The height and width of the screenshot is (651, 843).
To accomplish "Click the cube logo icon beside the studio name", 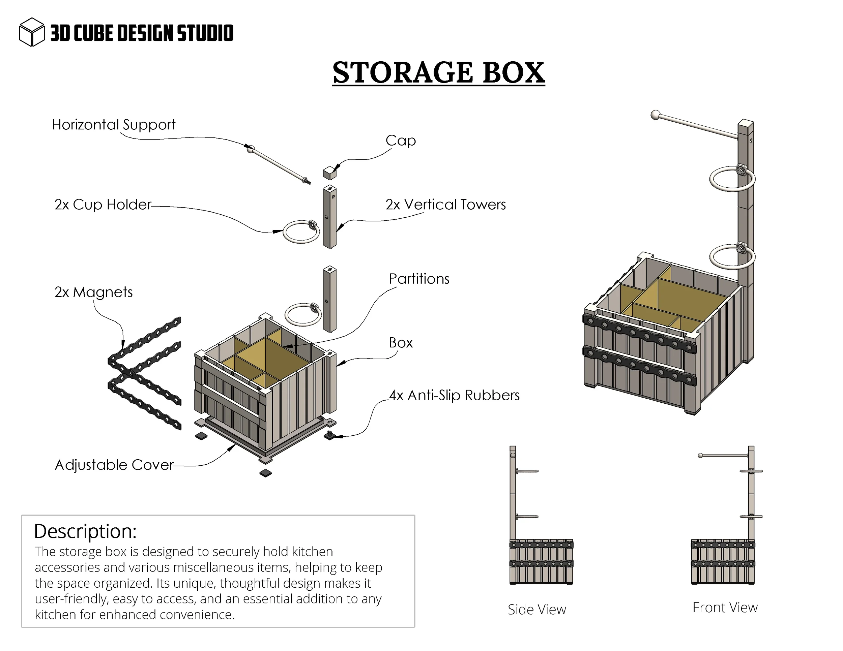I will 32,32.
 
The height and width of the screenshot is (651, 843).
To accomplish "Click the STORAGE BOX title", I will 438,72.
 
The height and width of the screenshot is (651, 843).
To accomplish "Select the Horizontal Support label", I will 114,125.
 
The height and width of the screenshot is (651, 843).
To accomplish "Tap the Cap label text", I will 400,141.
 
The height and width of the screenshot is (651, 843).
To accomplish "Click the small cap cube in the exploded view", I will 329,173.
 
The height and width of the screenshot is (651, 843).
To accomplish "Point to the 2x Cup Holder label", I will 103,205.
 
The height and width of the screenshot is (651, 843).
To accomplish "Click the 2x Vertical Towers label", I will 445,205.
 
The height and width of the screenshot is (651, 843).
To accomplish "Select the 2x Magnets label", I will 93,292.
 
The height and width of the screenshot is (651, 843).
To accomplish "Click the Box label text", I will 401,342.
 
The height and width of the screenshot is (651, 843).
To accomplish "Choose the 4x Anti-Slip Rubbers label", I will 454,395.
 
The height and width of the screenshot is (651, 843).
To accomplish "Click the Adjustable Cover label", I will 114,465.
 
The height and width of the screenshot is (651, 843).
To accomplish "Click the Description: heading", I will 85,531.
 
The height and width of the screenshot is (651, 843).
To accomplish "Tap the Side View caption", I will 536,609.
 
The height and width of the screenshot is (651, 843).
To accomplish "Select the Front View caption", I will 725,608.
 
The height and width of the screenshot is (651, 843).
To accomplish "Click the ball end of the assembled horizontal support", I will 655,115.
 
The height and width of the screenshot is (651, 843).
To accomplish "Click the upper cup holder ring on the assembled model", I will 732,179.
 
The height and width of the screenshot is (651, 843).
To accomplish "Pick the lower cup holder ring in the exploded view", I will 302,315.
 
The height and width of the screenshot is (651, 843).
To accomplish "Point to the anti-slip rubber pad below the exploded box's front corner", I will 265,473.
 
